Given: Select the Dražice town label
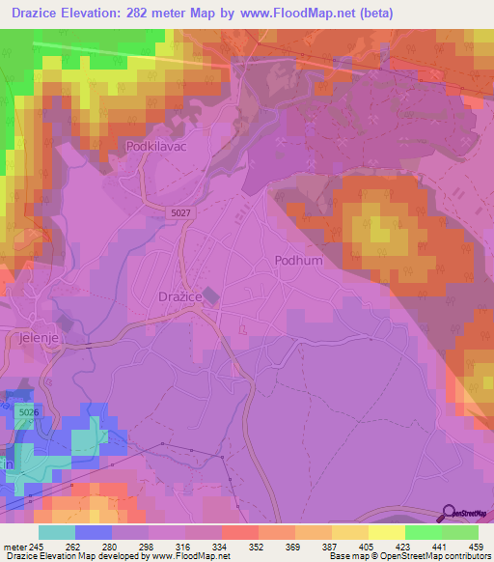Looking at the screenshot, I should [x=179, y=297].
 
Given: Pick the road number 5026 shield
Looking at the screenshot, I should [x=28, y=412].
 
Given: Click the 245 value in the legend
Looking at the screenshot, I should [x=38, y=546].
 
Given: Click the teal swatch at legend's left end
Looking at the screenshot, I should [x=57, y=532].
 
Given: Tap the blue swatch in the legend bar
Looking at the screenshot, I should [x=94, y=532].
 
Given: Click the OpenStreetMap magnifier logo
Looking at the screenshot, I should [x=449, y=513].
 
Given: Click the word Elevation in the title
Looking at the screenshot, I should [x=97, y=13].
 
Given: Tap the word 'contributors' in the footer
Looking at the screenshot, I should [x=464, y=556].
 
